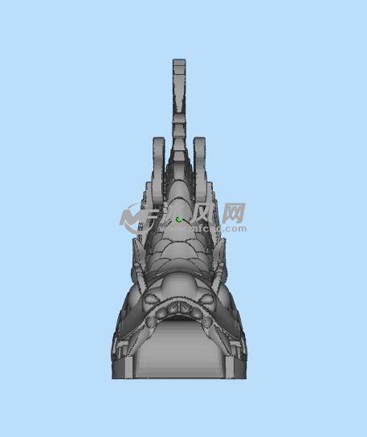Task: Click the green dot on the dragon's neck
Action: (x=178, y=218)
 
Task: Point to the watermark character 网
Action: (x=233, y=213)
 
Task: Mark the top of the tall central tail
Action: (x=179, y=63)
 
